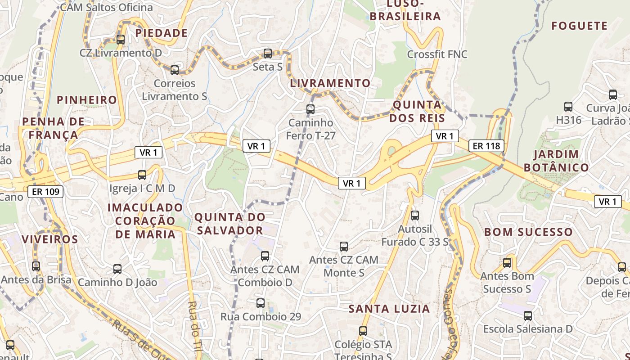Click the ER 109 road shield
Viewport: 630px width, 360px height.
[45, 192]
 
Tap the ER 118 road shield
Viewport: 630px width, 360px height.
[486, 146]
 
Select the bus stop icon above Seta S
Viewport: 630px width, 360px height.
[268, 54]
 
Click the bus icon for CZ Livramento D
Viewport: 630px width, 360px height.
[121, 39]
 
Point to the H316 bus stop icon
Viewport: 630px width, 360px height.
[568, 107]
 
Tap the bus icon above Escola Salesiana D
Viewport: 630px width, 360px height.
[528, 316]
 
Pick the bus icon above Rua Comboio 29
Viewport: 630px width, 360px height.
[261, 303]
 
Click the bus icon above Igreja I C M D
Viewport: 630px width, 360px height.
[142, 175]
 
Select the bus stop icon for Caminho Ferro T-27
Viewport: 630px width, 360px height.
[310, 109]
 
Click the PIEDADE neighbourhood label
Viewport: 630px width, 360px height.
[162, 33]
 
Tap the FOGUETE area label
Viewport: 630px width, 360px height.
[580, 26]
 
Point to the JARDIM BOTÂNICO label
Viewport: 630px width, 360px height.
[561, 161]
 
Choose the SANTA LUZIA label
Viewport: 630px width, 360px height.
[390, 309]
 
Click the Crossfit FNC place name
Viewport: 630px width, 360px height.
[437, 54]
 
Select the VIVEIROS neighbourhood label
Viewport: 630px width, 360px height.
[50, 239]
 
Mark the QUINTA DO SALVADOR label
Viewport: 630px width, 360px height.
[229, 224]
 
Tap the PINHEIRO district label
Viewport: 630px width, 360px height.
[87, 100]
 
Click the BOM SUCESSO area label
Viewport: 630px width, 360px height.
[528, 232]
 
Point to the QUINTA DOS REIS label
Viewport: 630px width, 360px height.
[417, 112]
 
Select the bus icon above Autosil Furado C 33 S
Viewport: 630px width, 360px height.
[415, 216]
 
